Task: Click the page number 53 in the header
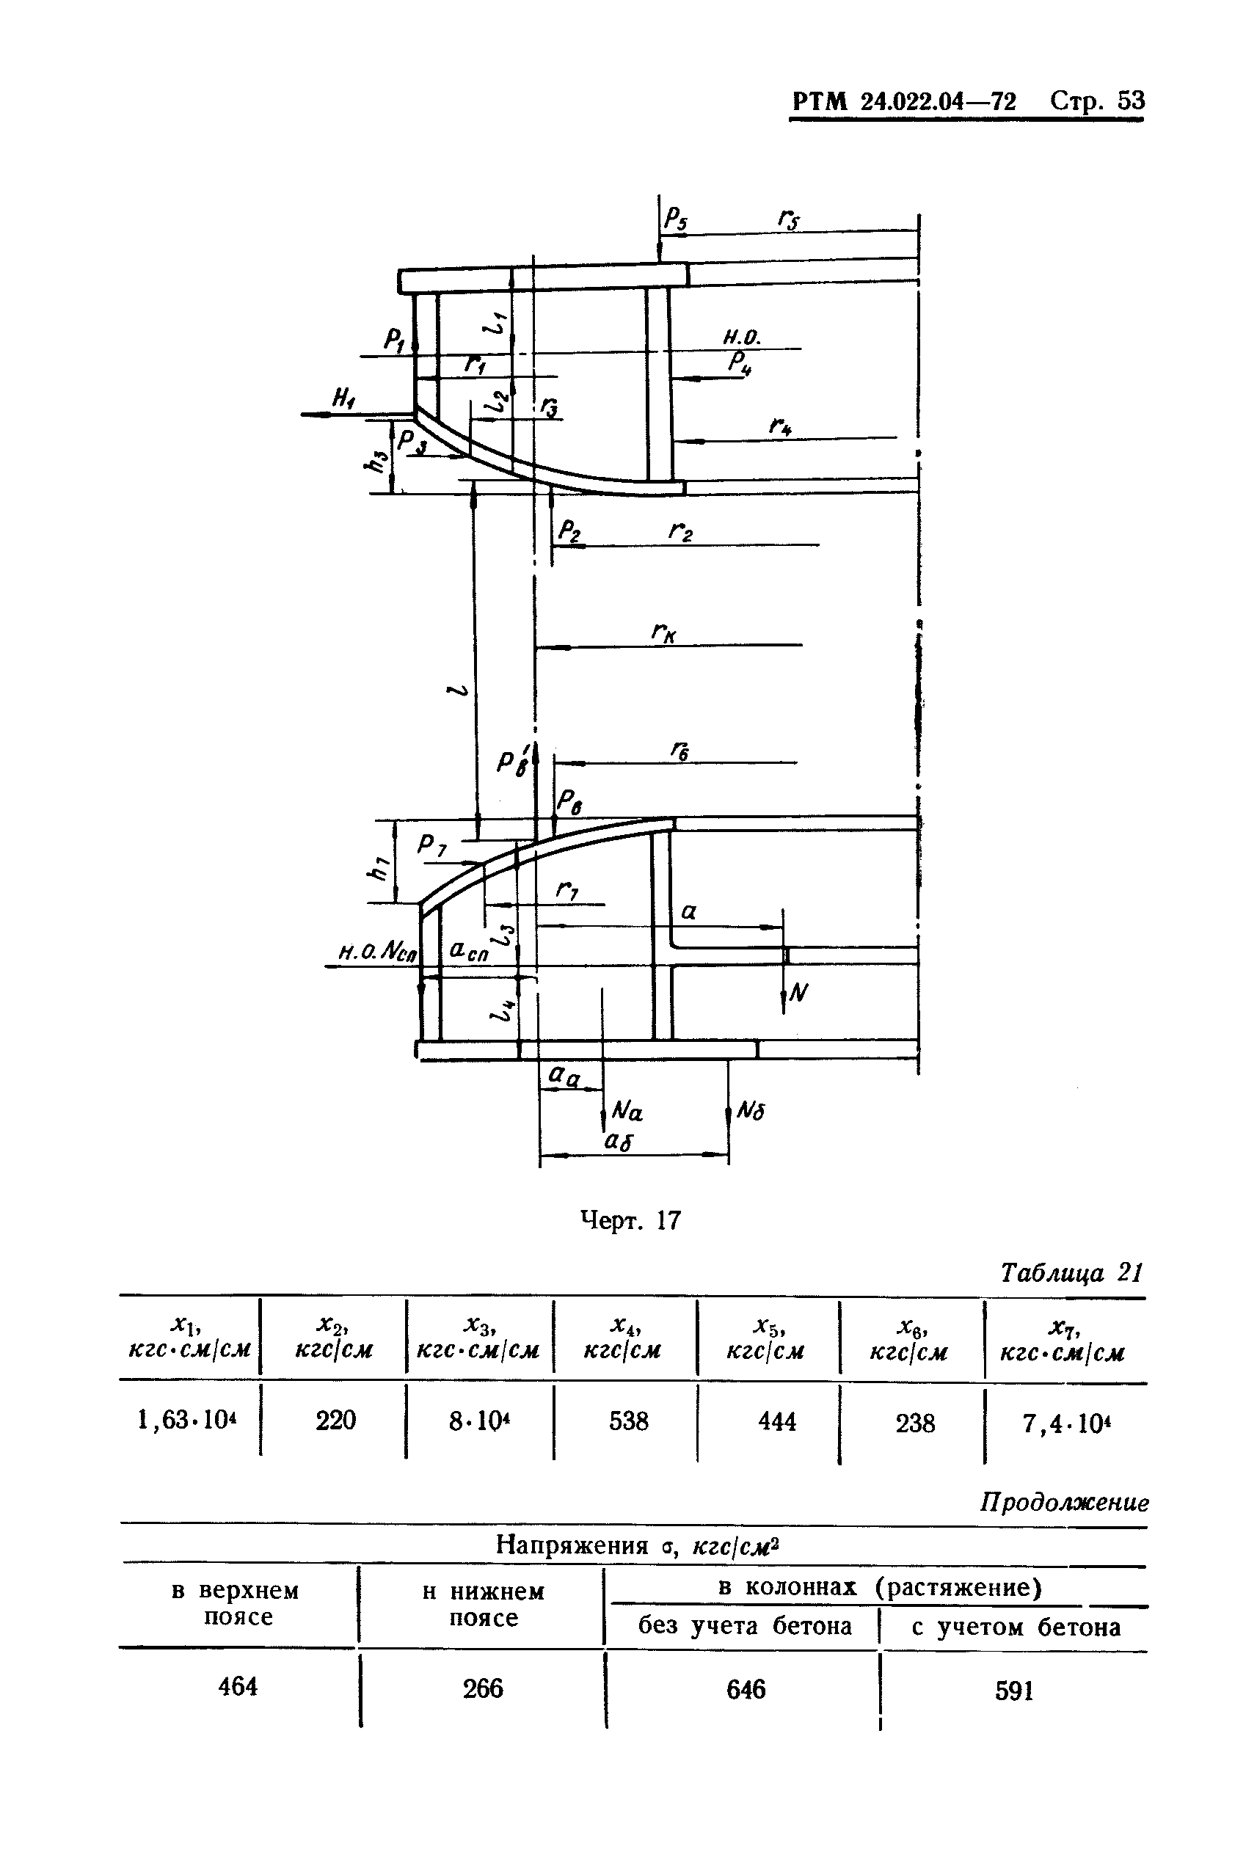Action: click(x=1130, y=101)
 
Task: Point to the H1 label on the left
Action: click(x=344, y=397)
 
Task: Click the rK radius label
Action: click(x=664, y=634)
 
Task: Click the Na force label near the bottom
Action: click(x=627, y=1111)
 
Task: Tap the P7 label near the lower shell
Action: click(x=432, y=845)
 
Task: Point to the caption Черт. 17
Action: click(x=630, y=1220)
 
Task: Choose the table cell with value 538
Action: click(x=627, y=1421)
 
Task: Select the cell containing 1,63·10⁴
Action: click(x=190, y=1420)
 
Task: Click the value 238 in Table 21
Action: click(x=915, y=1422)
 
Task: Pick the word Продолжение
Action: click(x=1064, y=1501)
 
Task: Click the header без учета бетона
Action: click(x=745, y=1626)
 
